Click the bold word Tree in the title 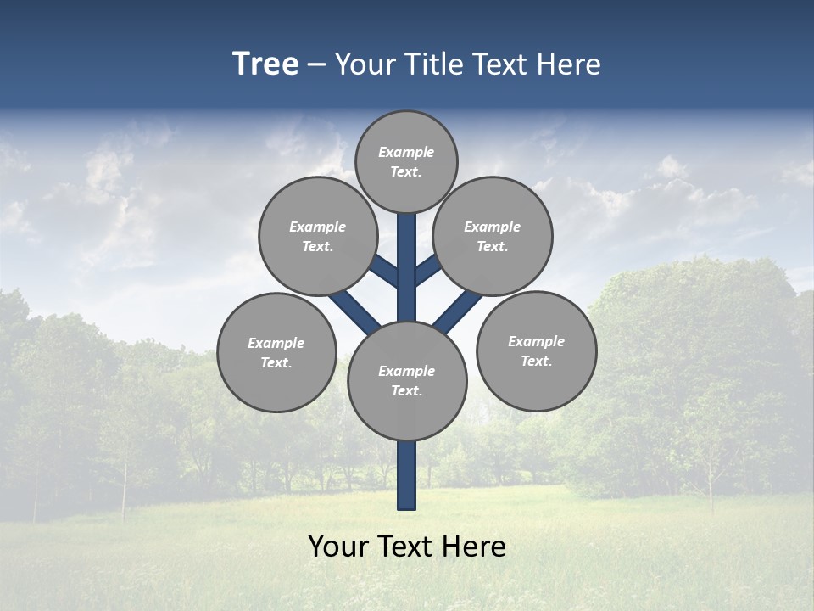coord(265,64)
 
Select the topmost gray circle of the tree coord(406,161)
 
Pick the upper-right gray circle coord(493,236)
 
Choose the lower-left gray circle coord(276,352)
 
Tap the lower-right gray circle coord(536,350)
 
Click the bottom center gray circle coord(407,380)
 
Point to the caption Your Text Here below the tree coord(407,547)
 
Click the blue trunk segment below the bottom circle coord(407,475)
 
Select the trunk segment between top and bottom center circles coord(407,267)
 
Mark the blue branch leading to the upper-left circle coord(384,270)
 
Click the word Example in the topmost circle coord(406,152)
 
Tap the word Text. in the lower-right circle coord(536,361)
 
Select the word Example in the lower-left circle coord(276,343)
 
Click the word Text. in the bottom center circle coord(407,390)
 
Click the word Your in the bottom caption coord(337,547)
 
